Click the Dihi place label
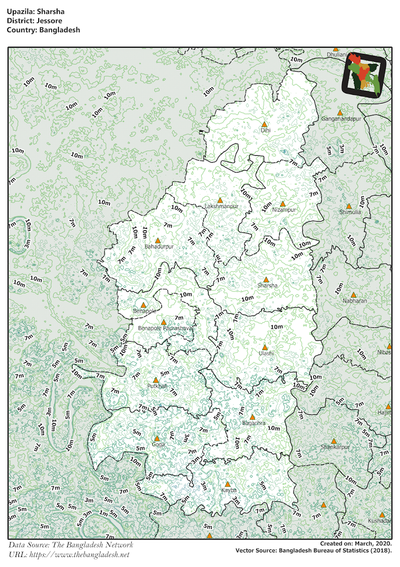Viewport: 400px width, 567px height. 265,130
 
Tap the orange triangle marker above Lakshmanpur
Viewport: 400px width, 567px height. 220,200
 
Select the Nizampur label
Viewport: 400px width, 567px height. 284,210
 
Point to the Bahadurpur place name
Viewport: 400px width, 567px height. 159,247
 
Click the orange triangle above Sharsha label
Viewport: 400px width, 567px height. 266,280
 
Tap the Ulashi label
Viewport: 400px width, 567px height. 266,353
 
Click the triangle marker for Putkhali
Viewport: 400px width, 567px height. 156,380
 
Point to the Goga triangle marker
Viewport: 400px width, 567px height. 157,438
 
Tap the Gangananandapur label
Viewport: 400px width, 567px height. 341,119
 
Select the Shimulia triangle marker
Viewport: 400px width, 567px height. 349,206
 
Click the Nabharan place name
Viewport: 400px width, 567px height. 355,301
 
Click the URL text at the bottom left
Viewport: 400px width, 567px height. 69,554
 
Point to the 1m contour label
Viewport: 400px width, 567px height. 103,514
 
